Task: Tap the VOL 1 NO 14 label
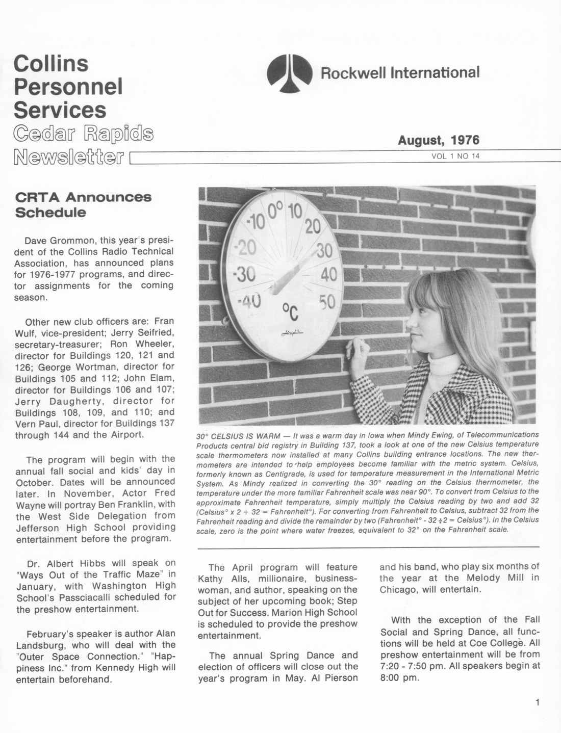(x=455, y=156)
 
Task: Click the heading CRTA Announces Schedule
(x=83, y=204)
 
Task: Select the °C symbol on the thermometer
(x=291, y=310)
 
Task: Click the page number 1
(x=538, y=703)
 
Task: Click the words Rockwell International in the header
(x=400, y=72)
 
